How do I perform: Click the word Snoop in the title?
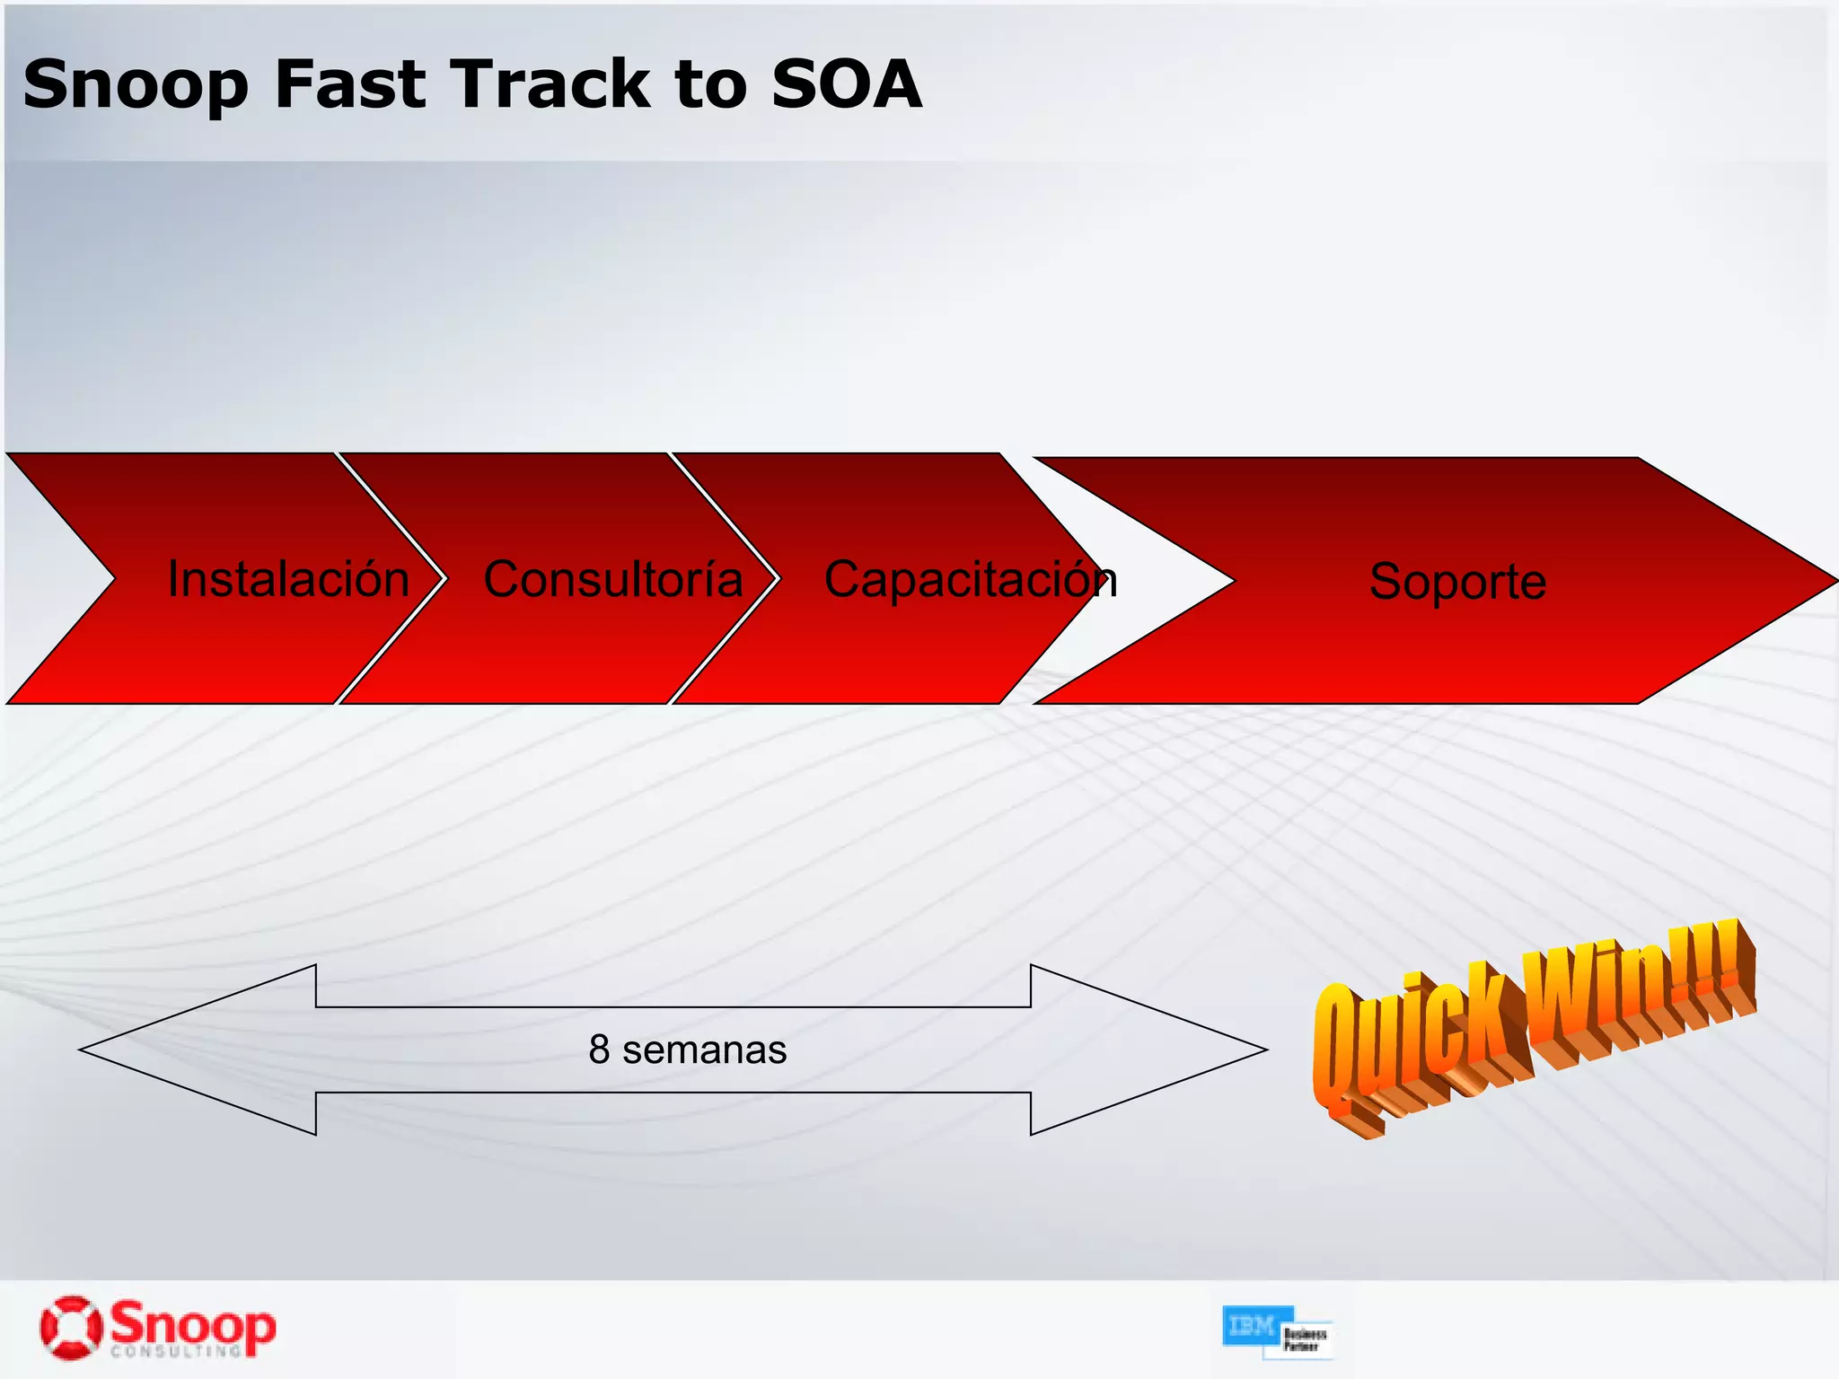pos(135,85)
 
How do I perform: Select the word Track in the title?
pos(550,83)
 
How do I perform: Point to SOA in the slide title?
pos(846,83)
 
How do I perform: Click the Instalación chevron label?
pos(288,579)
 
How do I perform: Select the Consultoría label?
pos(613,579)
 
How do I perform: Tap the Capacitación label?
pos(970,580)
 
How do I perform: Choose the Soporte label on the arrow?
pos(1457,582)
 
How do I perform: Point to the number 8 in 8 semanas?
pos(599,1050)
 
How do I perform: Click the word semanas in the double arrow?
pos(704,1050)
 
